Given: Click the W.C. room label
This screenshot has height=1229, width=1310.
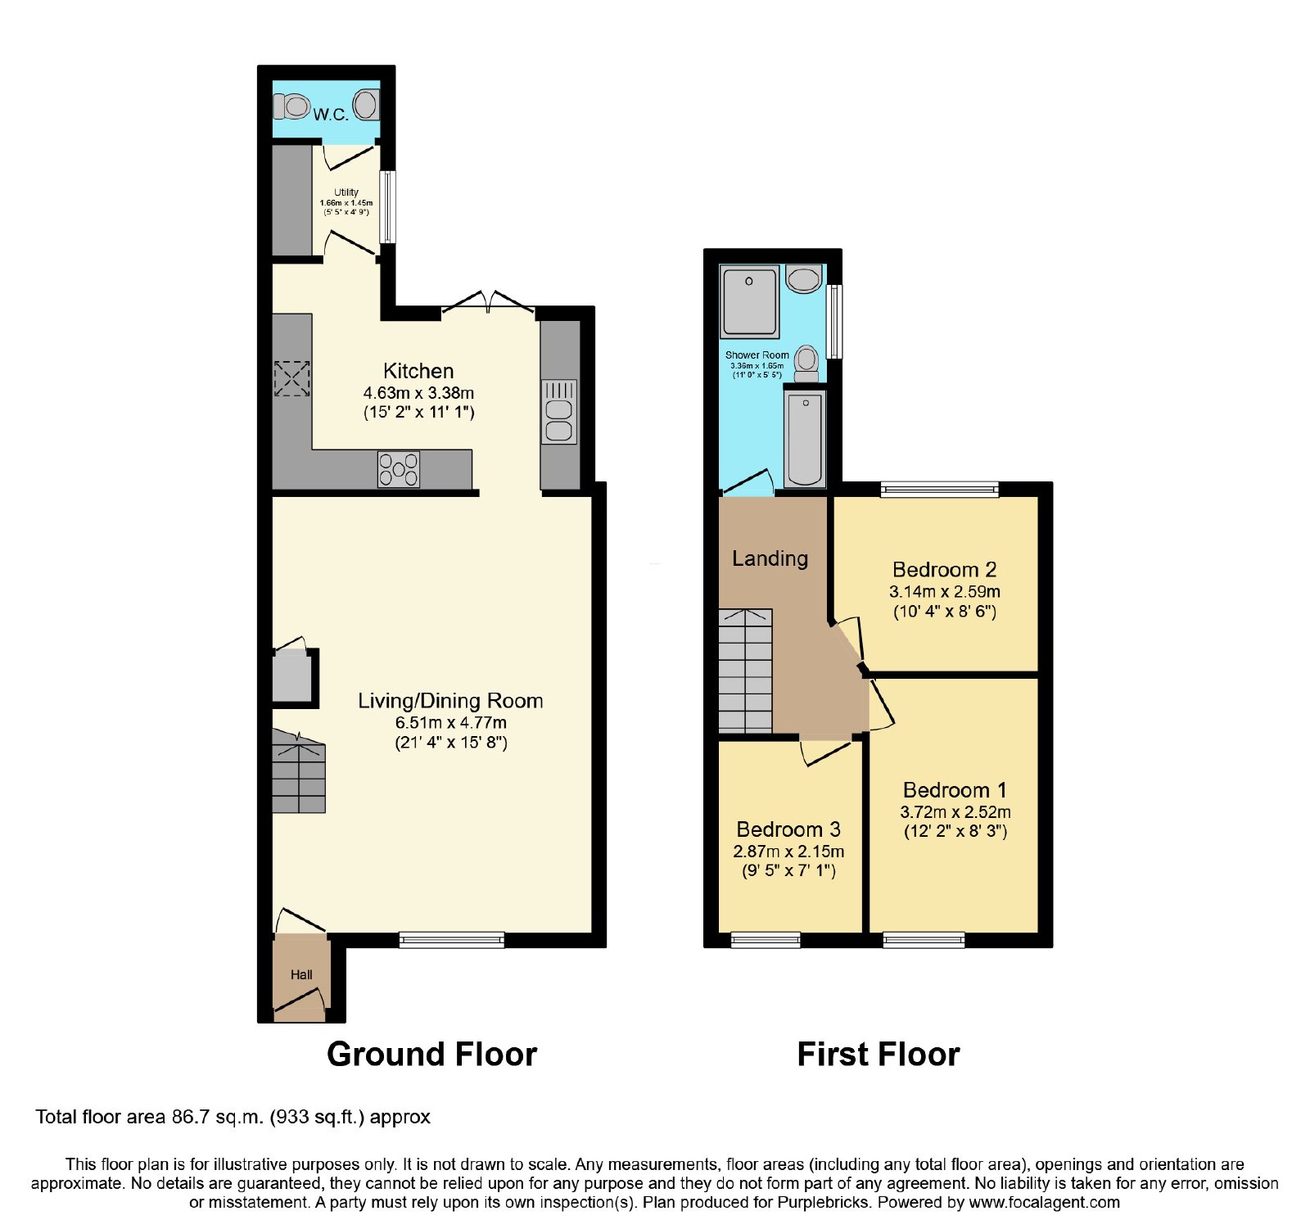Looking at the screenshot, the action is [331, 115].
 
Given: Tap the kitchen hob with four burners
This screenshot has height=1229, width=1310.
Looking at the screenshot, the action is [399, 469].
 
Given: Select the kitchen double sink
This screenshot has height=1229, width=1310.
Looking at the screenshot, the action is [559, 412].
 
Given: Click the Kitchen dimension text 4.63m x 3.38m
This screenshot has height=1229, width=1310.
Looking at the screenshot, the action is [418, 393].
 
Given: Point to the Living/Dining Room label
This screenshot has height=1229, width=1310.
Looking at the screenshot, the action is [450, 701].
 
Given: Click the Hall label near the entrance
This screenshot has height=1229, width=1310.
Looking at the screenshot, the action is [301, 975].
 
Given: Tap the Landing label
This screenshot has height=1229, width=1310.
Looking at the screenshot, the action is [770, 558].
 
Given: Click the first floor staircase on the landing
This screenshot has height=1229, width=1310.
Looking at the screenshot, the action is [745, 671].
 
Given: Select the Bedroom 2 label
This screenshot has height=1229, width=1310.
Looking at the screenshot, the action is [945, 570].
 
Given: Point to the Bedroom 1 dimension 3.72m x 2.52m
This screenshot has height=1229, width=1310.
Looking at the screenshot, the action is [955, 812].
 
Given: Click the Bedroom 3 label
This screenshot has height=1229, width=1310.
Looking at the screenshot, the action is [788, 829].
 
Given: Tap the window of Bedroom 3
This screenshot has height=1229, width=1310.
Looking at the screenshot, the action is [766, 940].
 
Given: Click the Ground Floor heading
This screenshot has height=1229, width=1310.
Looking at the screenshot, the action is [432, 1055].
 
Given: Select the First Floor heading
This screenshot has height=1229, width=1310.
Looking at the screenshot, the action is [879, 1055].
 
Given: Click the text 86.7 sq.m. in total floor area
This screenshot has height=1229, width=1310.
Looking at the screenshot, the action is [218, 1118].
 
